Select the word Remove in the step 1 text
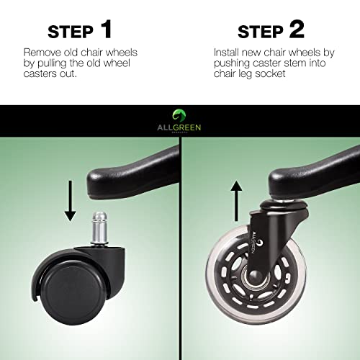tap(42, 53)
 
